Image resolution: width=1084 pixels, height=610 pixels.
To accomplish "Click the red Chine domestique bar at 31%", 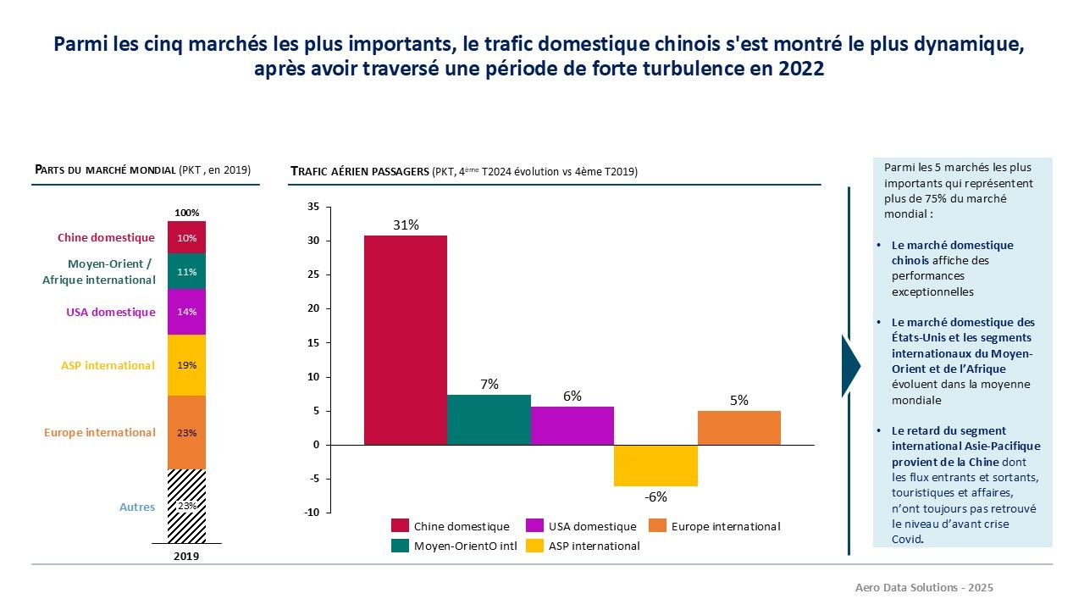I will (x=405, y=340).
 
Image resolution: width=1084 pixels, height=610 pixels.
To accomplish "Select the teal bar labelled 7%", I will (x=489, y=419).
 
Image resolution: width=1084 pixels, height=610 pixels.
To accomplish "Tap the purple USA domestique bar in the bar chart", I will (x=572, y=425).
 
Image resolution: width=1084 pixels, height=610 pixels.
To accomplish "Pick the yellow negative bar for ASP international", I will (x=655, y=465).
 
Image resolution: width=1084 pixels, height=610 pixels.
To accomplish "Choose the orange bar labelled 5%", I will (x=738, y=428).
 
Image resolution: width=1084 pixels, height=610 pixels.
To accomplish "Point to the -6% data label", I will (x=655, y=497).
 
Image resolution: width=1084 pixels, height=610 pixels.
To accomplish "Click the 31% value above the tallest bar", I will (x=405, y=225).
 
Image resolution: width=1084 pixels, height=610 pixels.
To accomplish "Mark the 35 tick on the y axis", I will (x=313, y=207).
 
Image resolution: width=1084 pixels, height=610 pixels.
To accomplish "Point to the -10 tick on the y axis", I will (x=311, y=513).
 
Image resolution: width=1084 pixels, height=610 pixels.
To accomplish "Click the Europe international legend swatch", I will (x=657, y=526).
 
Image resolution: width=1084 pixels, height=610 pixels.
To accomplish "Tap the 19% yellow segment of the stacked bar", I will (x=186, y=365).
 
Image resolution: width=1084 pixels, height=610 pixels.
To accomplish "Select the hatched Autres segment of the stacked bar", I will (x=186, y=506).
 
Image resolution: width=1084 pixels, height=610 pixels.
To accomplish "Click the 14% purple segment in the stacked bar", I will (x=186, y=312).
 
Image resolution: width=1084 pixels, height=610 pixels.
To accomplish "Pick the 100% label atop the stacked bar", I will (x=186, y=213).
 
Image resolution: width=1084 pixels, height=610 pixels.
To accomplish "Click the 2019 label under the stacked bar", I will (x=186, y=557).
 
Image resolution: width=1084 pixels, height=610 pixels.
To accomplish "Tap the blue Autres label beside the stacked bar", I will (x=137, y=507).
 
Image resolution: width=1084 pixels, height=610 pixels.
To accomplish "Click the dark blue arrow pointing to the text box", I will (x=850, y=366).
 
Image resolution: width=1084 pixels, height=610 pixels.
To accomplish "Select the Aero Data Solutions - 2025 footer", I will (x=924, y=587).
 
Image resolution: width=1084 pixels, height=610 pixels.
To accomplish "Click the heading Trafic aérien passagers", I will (x=360, y=171).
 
